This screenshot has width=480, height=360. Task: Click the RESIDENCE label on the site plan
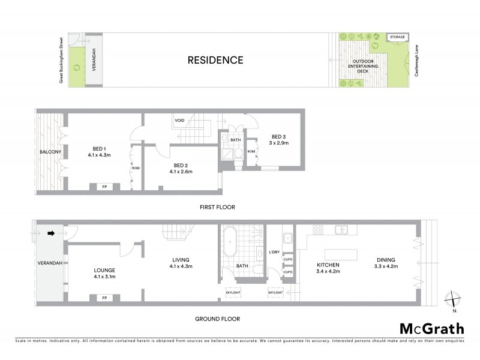click(215, 60)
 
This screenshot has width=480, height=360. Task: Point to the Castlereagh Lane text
click(416, 59)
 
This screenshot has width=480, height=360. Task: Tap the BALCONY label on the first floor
click(49, 152)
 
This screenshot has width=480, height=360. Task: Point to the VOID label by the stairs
click(179, 120)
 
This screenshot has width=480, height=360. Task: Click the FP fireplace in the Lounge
click(104, 298)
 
